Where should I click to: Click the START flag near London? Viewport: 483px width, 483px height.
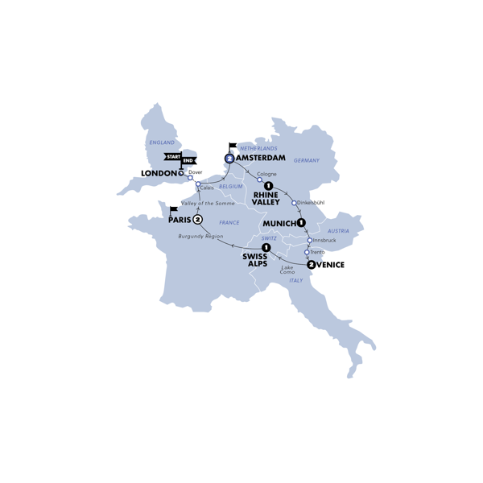click(172, 156)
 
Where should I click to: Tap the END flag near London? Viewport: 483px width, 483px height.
click(190, 156)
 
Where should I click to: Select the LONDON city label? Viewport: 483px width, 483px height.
click(159, 172)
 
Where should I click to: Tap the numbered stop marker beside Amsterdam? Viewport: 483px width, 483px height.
click(230, 159)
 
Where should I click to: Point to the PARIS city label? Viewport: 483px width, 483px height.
click(179, 219)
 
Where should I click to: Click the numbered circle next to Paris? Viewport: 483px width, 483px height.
click(197, 219)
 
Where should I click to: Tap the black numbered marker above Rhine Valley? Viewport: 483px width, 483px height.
click(268, 187)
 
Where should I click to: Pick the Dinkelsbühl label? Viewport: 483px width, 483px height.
click(313, 203)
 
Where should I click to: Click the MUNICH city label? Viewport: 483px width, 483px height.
click(279, 222)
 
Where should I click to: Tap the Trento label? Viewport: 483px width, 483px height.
click(318, 252)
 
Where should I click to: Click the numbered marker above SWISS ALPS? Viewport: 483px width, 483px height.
click(266, 248)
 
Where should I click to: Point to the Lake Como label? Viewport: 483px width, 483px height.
click(287, 269)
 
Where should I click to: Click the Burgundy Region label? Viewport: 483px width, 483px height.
click(200, 236)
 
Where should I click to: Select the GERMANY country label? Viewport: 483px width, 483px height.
click(307, 160)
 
